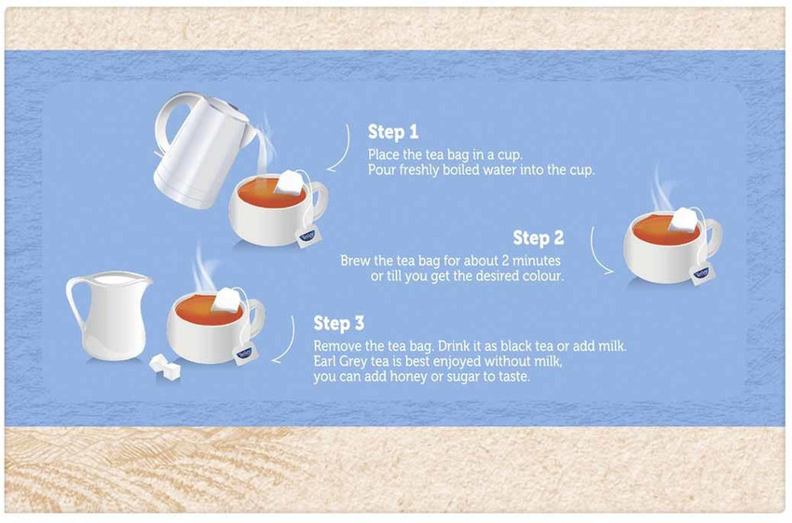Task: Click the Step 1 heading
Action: [x=392, y=132]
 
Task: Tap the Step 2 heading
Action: [x=538, y=238]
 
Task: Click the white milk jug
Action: [x=107, y=316]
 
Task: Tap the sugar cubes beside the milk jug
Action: [x=165, y=365]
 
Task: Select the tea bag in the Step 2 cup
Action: [x=686, y=220]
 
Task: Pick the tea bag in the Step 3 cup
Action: [x=226, y=300]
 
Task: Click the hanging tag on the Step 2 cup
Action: [x=701, y=274]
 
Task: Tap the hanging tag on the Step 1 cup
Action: [x=307, y=237]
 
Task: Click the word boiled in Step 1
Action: [x=450, y=170]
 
